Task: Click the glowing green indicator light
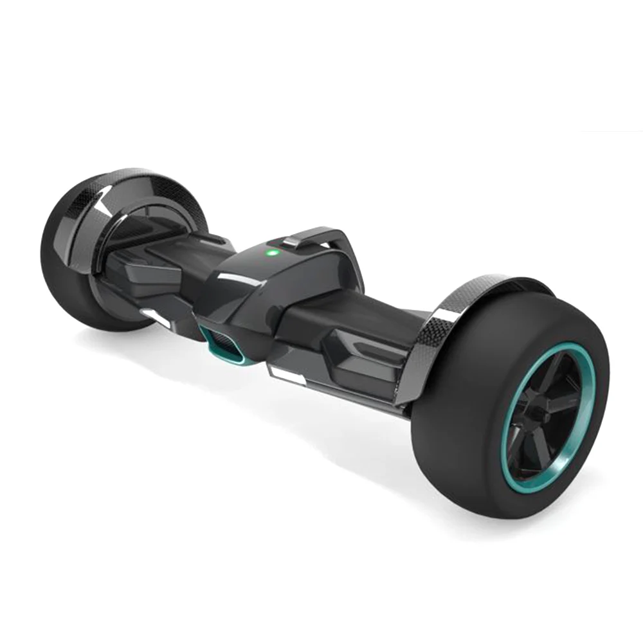pyautogui.click(x=271, y=253)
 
